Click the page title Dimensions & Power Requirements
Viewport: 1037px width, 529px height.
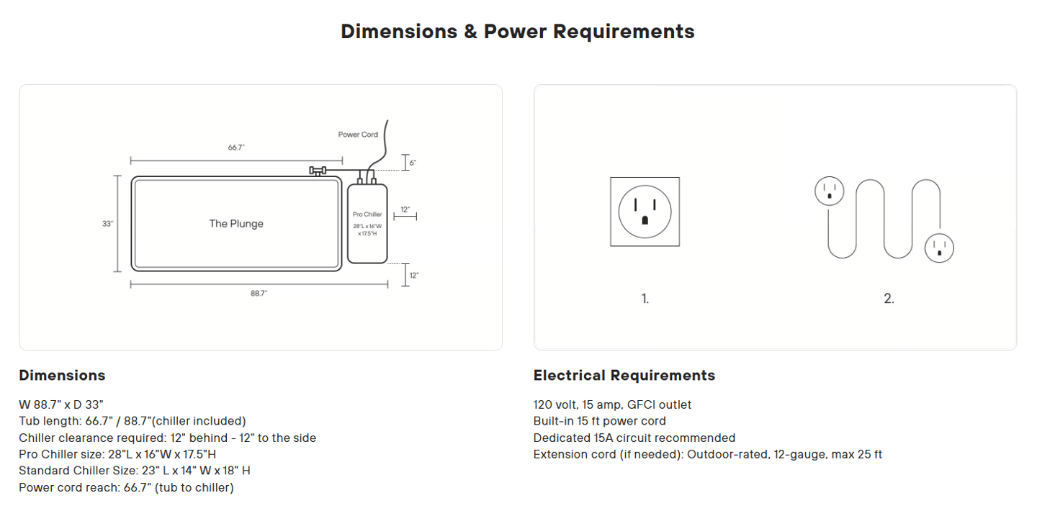[517, 32]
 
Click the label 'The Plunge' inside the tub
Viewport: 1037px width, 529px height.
[236, 224]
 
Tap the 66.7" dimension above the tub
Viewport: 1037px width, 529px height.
[236, 148]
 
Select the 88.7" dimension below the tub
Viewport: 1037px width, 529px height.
[259, 294]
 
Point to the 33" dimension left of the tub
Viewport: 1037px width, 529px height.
[107, 224]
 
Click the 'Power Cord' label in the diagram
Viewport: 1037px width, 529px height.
[358, 135]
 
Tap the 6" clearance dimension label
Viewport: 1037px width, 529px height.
[413, 163]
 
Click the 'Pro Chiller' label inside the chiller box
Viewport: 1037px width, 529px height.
[367, 214]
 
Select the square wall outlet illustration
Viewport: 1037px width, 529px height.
[645, 212]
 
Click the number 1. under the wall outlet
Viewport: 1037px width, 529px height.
[645, 299]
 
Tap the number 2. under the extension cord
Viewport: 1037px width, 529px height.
[889, 299]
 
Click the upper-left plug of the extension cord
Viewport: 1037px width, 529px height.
[829, 191]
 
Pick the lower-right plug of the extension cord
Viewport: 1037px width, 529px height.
[939, 248]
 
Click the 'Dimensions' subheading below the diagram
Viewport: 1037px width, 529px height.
[62, 376]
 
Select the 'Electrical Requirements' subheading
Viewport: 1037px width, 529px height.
[624, 376]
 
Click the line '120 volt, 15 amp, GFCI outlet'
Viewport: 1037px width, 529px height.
[612, 405]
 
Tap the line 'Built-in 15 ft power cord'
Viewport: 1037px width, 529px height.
[599, 421]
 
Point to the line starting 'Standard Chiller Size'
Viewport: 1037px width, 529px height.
[135, 471]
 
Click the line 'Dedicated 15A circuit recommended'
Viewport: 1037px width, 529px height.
[634, 438]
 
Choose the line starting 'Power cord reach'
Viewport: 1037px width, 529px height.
[126, 487]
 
